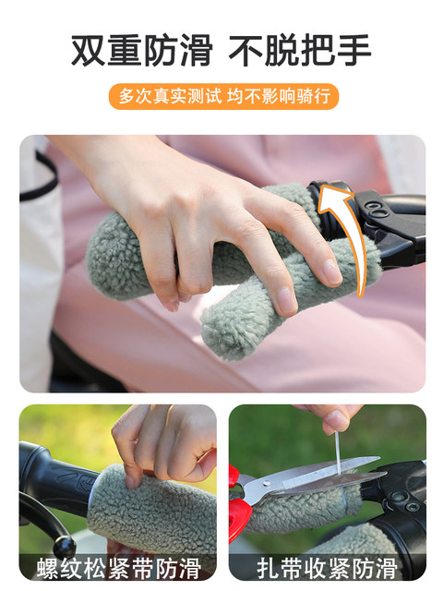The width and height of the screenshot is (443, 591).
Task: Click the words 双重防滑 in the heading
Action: [141, 51]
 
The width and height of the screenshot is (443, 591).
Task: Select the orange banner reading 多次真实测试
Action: [222, 96]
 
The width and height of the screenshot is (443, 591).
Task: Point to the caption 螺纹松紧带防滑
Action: [117, 566]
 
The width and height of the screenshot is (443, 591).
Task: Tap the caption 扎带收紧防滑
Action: [327, 566]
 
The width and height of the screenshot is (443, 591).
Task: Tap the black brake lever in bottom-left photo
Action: [42, 526]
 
